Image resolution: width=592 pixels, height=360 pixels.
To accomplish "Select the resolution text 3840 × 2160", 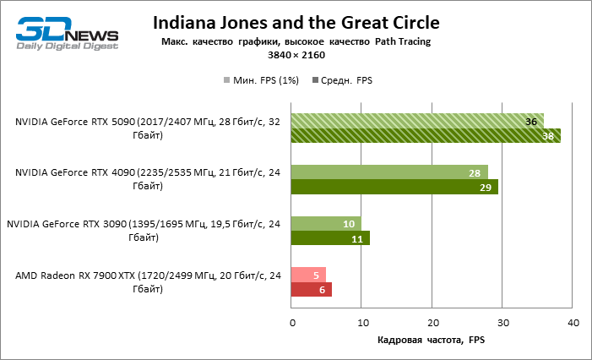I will [x=296, y=55].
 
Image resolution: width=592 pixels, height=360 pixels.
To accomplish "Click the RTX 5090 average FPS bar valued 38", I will [x=426, y=135].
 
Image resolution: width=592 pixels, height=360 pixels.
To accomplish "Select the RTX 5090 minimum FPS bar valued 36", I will [x=417, y=121].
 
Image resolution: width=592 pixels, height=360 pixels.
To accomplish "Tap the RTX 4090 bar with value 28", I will [x=389, y=172].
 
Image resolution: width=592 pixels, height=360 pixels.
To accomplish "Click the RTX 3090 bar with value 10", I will [x=326, y=223].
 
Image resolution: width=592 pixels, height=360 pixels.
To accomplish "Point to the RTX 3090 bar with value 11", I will [x=330, y=237].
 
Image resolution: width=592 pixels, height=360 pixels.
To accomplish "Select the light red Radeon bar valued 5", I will [x=308, y=275].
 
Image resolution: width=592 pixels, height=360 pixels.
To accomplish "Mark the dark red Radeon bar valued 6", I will [x=312, y=289].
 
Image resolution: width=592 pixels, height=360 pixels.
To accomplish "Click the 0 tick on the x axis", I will [x=291, y=324].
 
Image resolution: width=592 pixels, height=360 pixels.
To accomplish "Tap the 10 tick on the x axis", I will [x=361, y=324].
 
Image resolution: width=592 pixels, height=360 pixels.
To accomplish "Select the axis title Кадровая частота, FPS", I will [x=432, y=340].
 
